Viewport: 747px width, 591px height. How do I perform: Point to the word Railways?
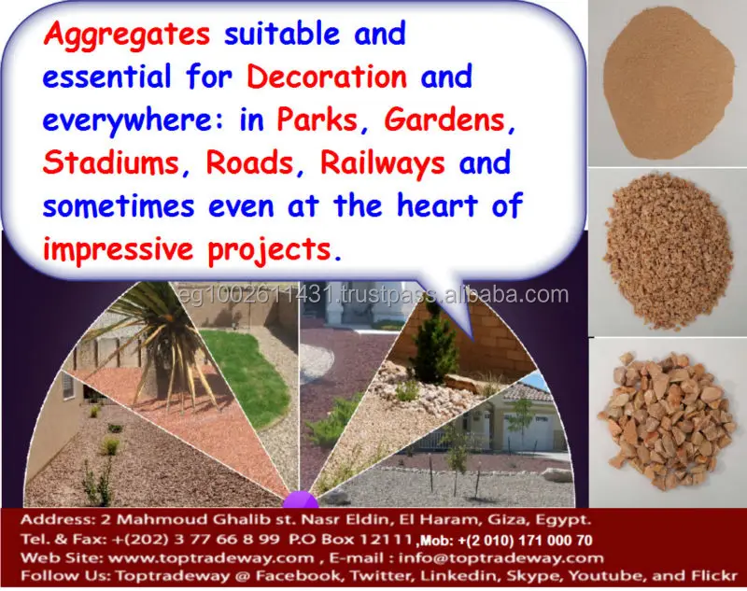383,163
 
